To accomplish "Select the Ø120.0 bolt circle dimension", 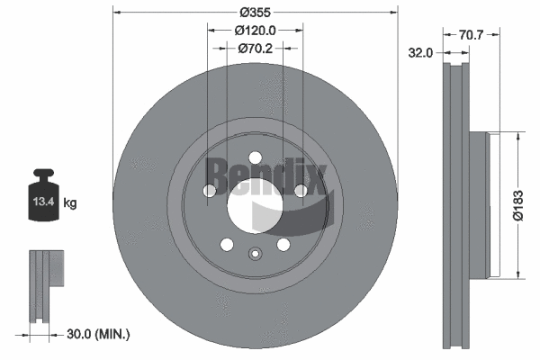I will [x=255, y=31].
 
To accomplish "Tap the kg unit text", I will [x=70, y=203].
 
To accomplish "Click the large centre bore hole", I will [x=254, y=203].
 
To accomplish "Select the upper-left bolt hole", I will [x=210, y=190].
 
